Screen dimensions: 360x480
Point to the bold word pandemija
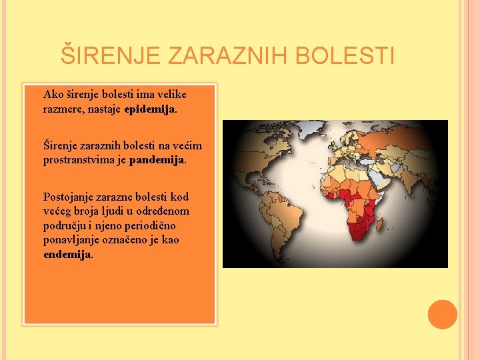pyautogui.click(x=157, y=160)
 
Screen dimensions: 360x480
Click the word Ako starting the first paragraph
pyautogui.click(x=52, y=95)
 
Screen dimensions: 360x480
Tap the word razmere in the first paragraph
pyautogui.click(x=63, y=109)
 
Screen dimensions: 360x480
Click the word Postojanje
pyautogui.click(x=70, y=197)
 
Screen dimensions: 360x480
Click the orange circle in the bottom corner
pyautogui.click(x=443, y=315)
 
